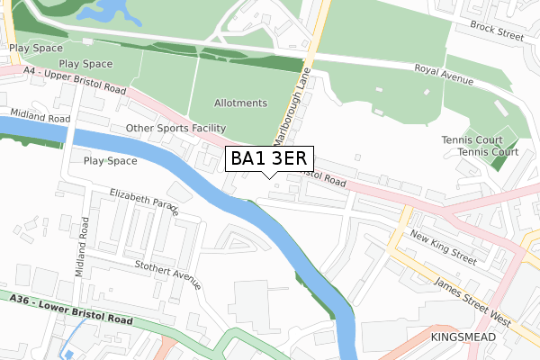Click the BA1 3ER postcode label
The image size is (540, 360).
(x=269, y=159)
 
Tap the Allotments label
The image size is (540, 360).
(x=240, y=103)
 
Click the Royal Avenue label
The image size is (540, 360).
(x=444, y=76)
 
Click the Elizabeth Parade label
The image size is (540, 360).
(x=144, y=202)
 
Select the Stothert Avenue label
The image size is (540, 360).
(x=166, y=272)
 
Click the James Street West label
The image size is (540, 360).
(x=472, y=302)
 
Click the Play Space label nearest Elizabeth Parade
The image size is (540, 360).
(x=110, y=161)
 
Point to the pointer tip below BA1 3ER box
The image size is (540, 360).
(x=269, y=177)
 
